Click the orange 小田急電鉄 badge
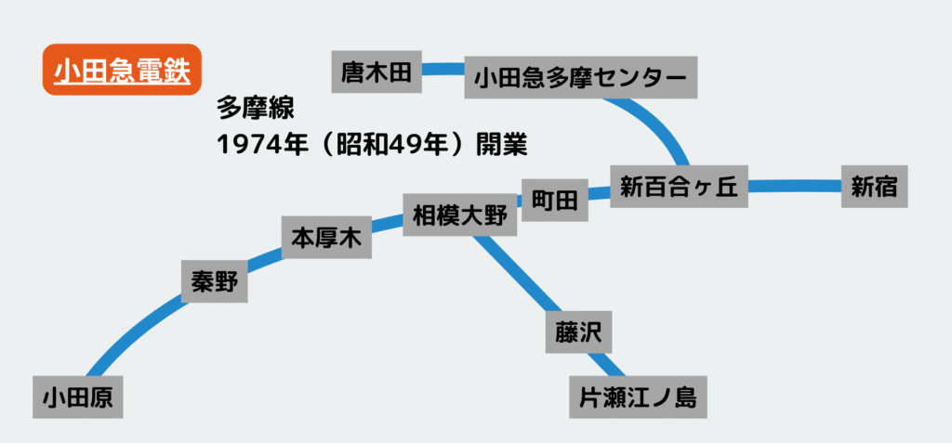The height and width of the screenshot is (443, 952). pos(122,71)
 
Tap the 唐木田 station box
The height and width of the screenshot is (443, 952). pos(377,72)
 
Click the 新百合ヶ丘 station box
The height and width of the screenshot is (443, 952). pos(679,188)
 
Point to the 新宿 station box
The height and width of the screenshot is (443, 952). pos(874,188)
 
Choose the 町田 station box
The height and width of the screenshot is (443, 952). pos(554,200)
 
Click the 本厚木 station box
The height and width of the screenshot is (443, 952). pos(326,238)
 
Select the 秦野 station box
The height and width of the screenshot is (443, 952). pos(215,281)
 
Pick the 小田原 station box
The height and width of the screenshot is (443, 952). pos(78,397)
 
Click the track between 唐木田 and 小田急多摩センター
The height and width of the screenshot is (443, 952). pos(443,69)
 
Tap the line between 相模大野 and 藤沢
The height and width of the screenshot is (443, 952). pos(516,274)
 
